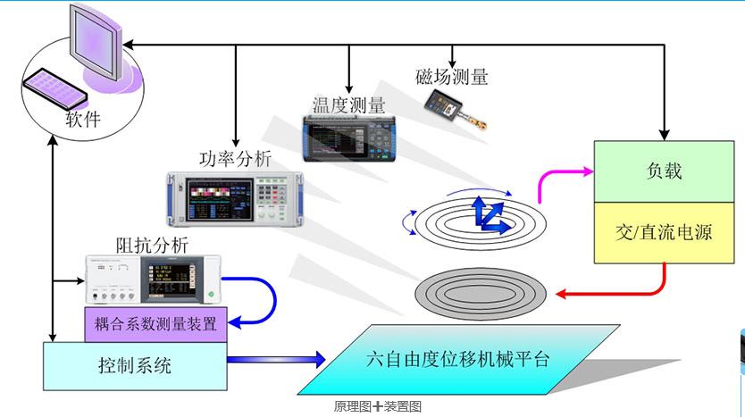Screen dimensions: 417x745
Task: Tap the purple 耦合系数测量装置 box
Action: [155, 323]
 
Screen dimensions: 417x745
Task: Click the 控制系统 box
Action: [135, 364]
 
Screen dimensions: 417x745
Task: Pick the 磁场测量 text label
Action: [452, 77]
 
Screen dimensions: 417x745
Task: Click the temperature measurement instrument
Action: [349, 138]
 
